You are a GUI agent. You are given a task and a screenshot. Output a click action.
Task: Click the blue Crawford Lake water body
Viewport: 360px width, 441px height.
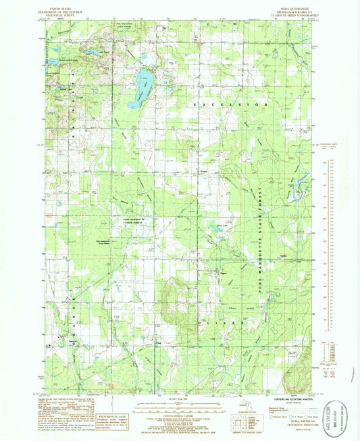(x=143, y=84)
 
